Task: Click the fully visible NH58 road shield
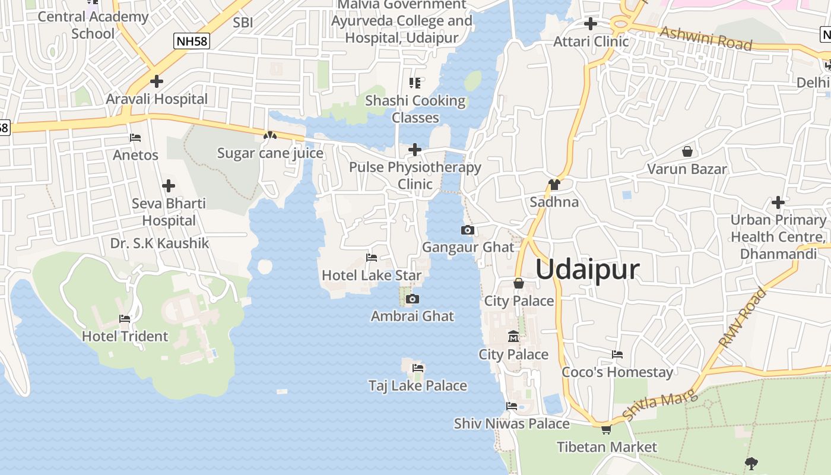point(191,41)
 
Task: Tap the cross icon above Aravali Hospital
point(157,81)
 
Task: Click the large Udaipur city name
point(588,270)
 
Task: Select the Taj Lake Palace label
point(418,386)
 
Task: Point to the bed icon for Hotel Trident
point(125,319)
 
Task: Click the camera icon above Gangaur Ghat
point(468,230)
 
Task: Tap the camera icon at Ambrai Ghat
point(413,299)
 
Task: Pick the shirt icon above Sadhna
point(554,184)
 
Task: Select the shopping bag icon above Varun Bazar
point(687,151)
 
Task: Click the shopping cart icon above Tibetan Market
point(606,429)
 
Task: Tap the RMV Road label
point(742,318)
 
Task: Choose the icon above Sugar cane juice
point(270,135)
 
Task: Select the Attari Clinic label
point(591,42)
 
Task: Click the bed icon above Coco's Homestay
point(617,354)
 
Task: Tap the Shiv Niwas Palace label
point(512,424)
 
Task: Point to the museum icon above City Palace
point(513,337)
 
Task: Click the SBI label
point(243,23)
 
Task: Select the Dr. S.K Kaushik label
point(160,243)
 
